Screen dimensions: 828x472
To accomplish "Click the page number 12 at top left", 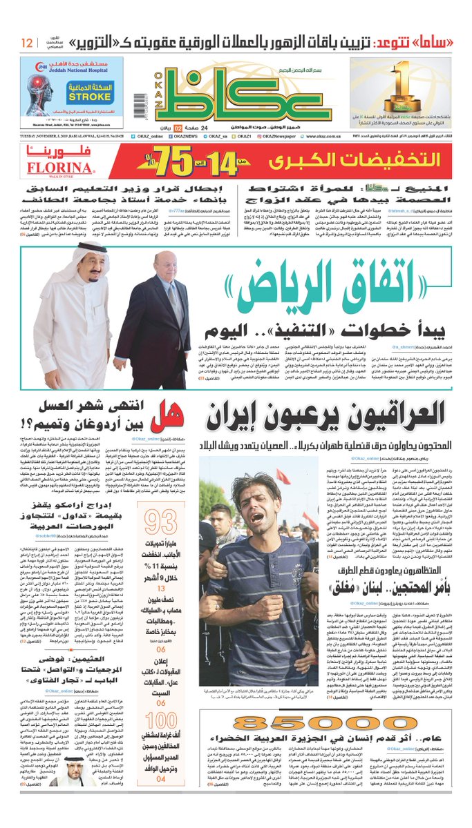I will [x=26, y=43].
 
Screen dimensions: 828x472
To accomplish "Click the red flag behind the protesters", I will [x=281, y=475].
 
